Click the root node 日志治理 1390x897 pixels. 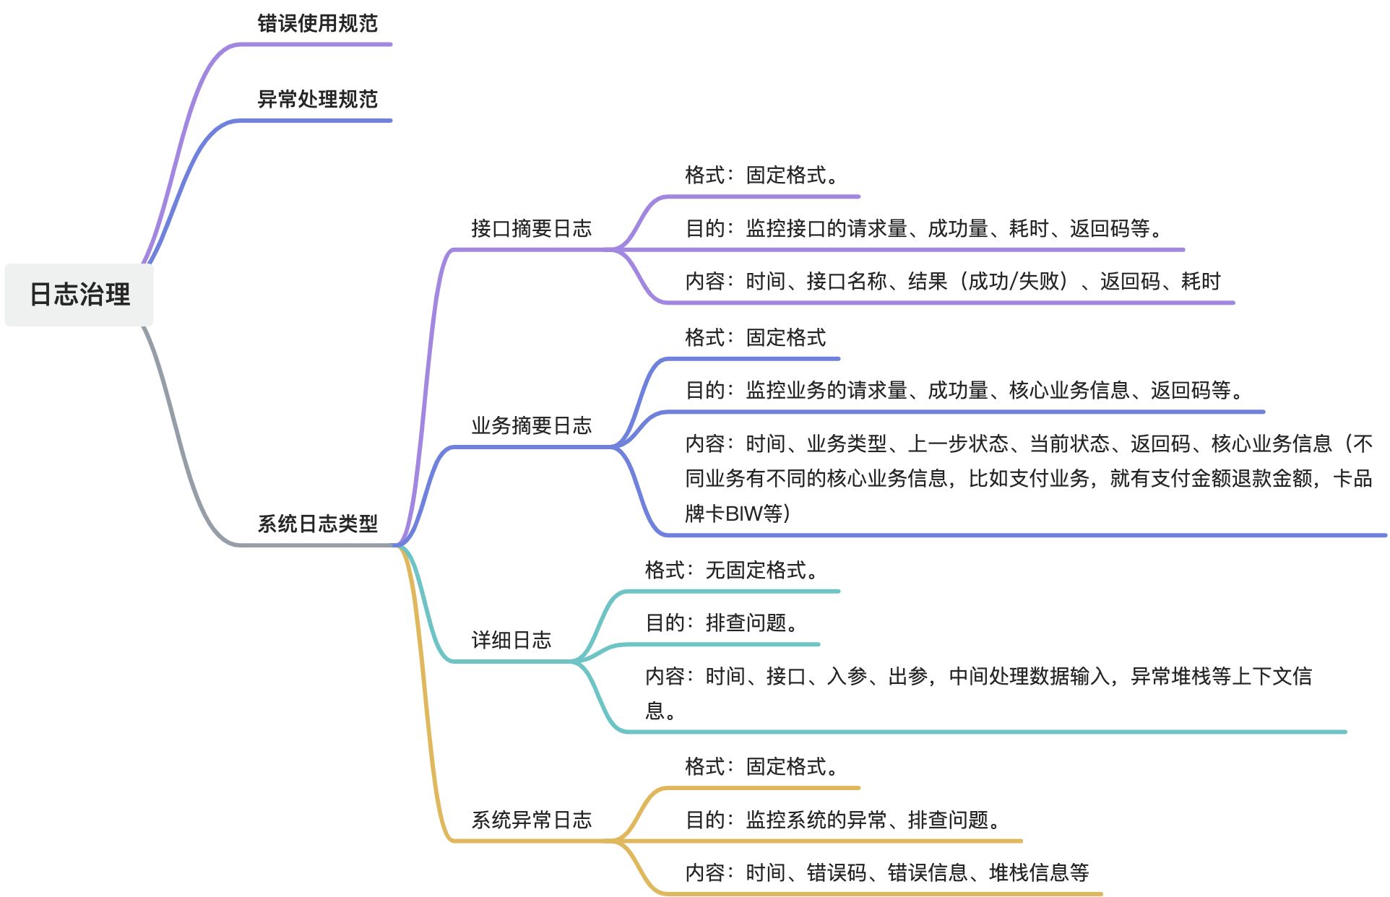coord(79,294)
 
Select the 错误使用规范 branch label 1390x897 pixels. coord(317,23)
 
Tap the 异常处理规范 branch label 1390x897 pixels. coord(317,99)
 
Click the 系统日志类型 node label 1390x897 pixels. coord(317,524)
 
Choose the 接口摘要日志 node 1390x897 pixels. coord(531,228)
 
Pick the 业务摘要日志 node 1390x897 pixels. coord(531,425)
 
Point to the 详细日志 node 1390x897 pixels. coord(511,640)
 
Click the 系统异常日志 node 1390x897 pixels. coord(531,820)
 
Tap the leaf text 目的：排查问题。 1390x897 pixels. coord(722,623)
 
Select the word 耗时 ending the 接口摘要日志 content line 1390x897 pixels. coord(1201,281)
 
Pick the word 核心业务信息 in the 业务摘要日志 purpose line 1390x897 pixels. coord(1069,390)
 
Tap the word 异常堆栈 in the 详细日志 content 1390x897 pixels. coord(1170,676)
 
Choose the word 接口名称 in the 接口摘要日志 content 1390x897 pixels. coord(847,281)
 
